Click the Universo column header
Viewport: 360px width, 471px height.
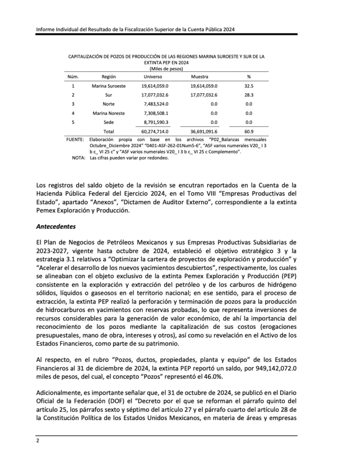pos(153,76)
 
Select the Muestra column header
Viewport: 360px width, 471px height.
pos(199,76)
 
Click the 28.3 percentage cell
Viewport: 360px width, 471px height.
pos(249,95)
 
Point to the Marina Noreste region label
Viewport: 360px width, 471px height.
pos(109,113)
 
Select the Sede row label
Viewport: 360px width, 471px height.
pos(109,122)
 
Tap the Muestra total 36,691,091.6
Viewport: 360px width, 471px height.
pos(204,132)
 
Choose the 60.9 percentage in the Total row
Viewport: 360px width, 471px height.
pos(249,132)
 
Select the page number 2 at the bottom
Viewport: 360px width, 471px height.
pos(38,440)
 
